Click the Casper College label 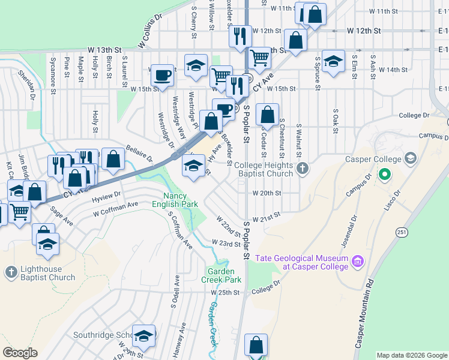tap(373, 159)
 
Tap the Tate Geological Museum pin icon tap(358, 261)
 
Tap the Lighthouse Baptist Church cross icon tap(11, 273)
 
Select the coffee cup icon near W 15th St tap(161, 75)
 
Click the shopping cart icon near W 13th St tap(259, 58)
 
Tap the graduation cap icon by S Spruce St tap(333, 60)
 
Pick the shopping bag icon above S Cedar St tap(268, 113)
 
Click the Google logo tap(20, 352)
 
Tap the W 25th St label tap(225, 293)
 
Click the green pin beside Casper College tap(385, 176)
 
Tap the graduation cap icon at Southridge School tap(143, 336)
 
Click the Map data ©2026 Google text tap(411, 355)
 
